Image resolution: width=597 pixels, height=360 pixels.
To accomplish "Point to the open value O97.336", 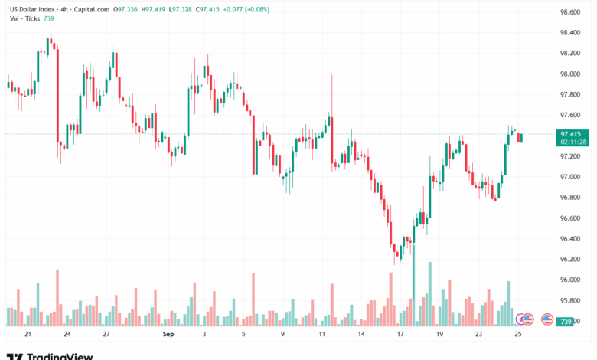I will tap(126, 10).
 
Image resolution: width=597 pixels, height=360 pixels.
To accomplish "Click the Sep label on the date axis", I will tap(169, 335).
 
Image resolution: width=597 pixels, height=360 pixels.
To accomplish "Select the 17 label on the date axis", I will tap(400, 335).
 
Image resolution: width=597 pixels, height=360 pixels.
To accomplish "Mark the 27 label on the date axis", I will tap(107, 335).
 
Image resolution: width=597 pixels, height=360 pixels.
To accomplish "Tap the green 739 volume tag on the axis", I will tap(566, 321).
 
